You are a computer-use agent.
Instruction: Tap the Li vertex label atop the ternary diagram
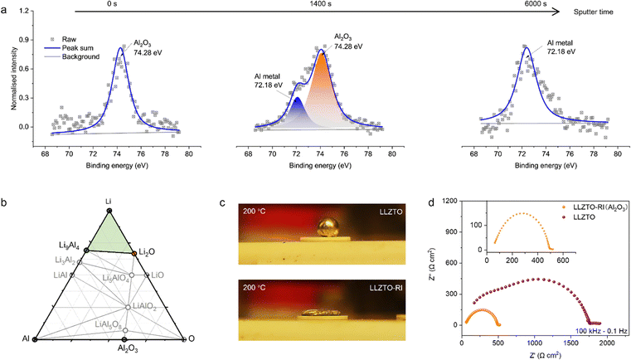click(109, 201)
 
